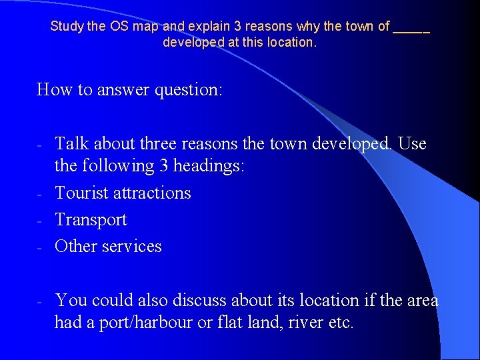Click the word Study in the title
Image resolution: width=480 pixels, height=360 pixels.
pyautogui.click(x=65, y=27)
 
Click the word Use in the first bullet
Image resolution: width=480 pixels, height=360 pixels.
pyautogui.click(x=413, y=144)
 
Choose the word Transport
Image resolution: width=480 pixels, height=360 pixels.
pyautogui.click(x=91, y=219)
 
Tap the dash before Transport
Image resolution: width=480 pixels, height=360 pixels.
pyautogui.click(x=40, y=220)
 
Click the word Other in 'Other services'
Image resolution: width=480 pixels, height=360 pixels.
pyautogui.click(x=76, y=246)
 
